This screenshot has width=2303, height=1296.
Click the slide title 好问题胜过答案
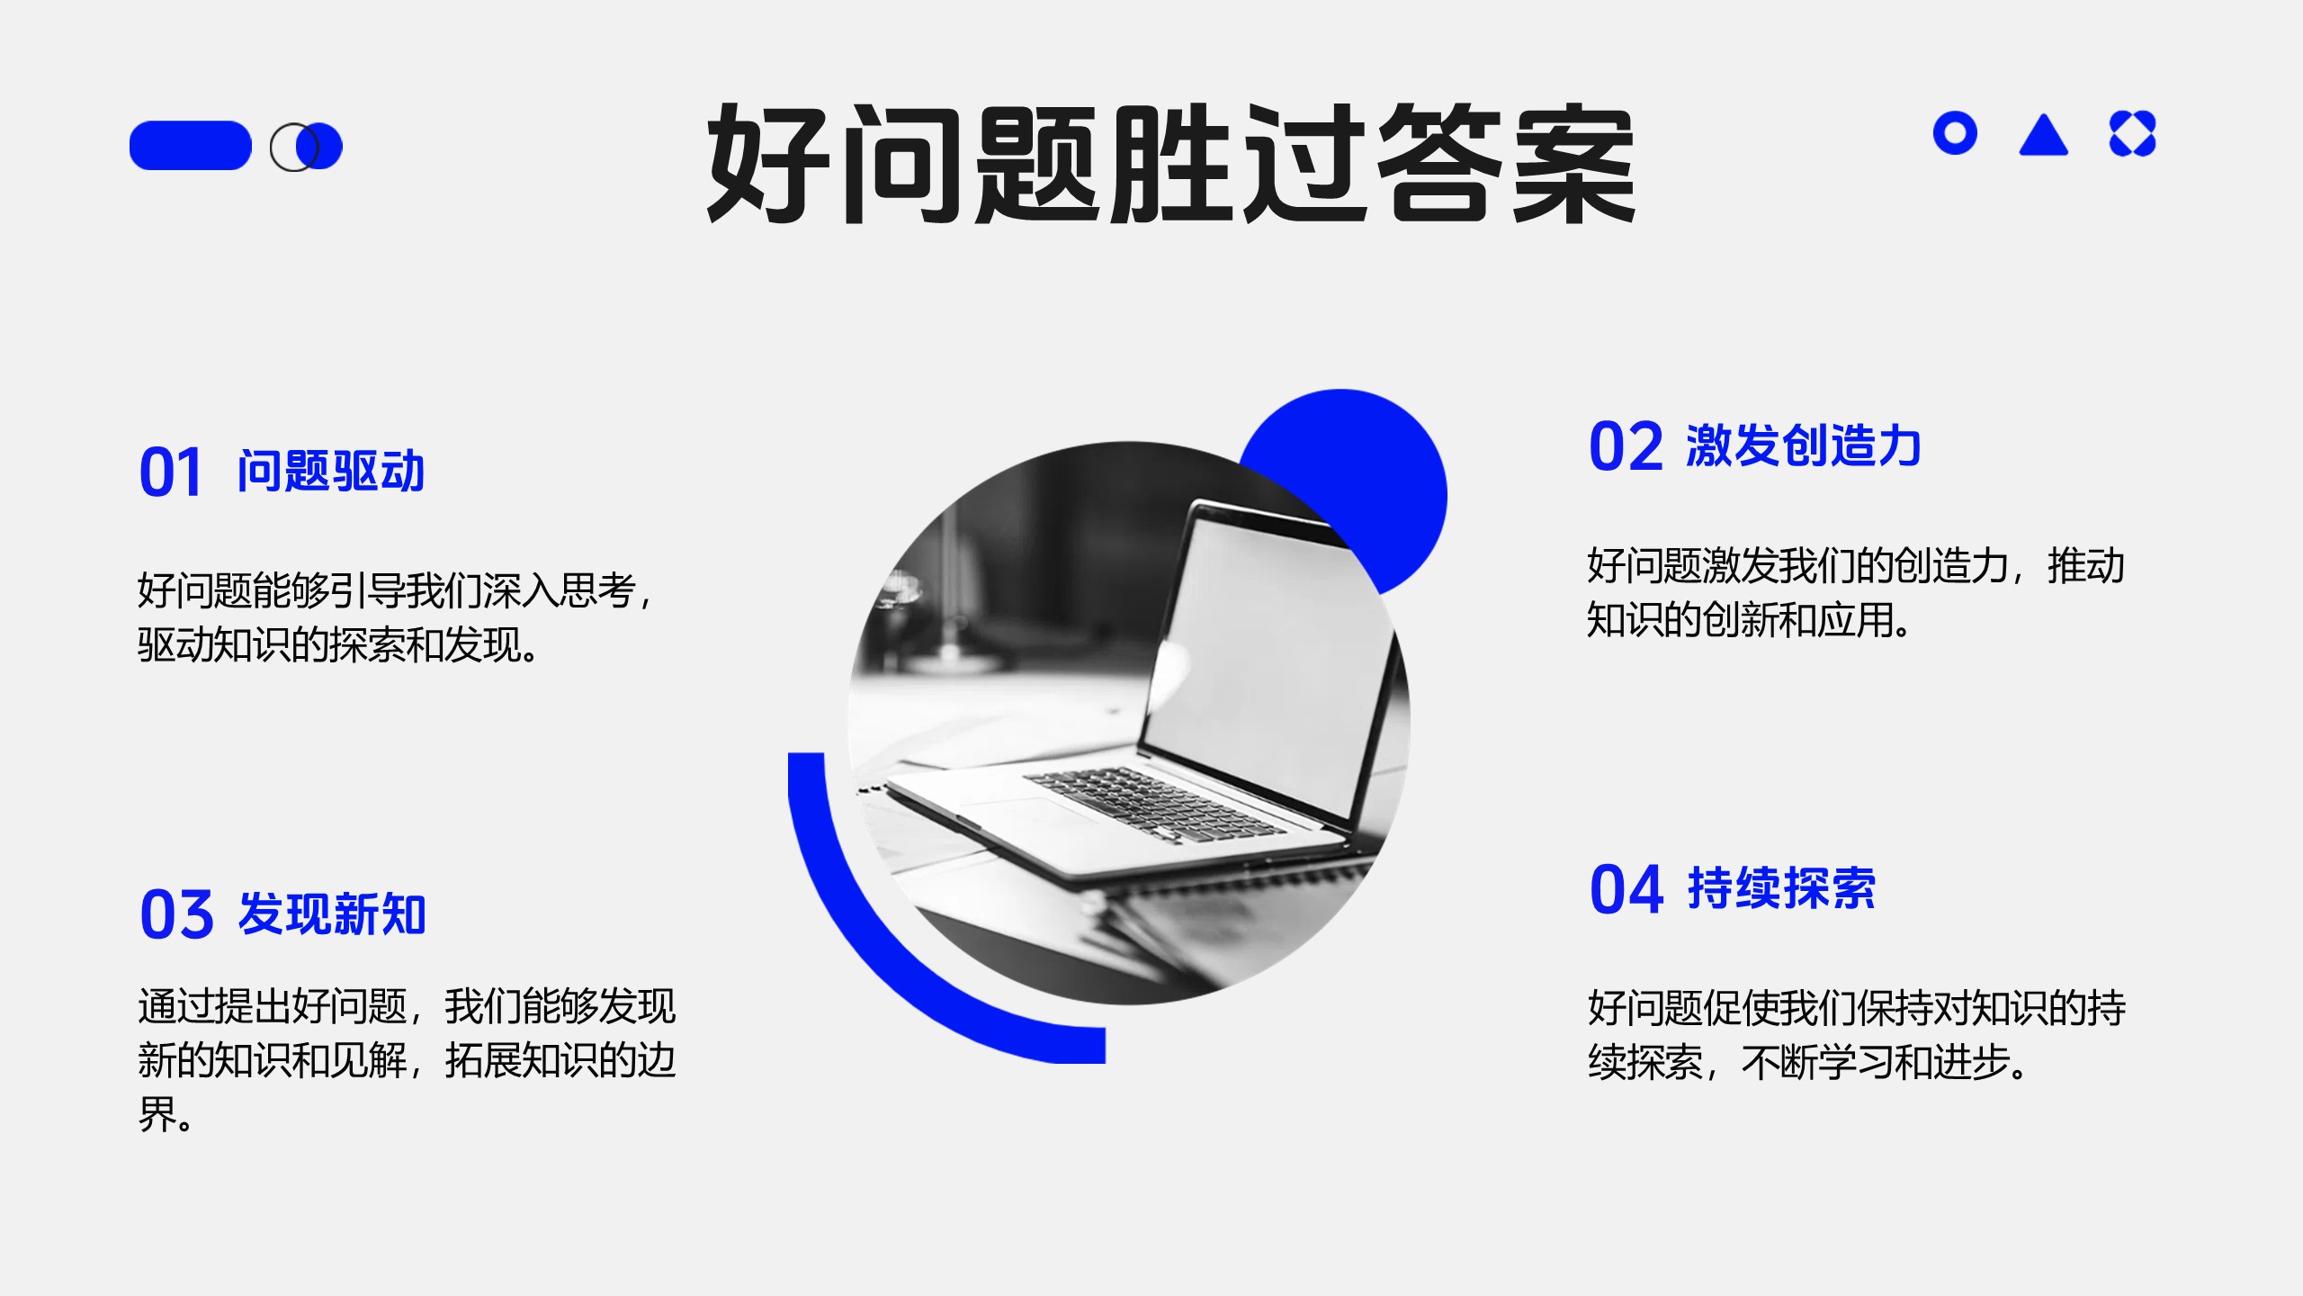(x=1171, y=164)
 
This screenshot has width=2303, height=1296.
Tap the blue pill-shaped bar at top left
(x=191, y=146)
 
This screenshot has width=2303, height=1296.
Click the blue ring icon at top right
(x=1955, y=134)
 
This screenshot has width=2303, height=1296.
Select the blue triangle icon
(x=2044, y=135)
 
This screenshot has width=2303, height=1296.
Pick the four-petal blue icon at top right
(x=2133, y=134)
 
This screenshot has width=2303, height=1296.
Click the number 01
(x=170, y=472)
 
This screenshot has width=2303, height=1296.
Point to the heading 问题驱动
(x=331, y=471)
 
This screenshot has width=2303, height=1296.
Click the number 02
(x=1626, y=446)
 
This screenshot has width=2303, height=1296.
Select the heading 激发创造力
(x=1804, y=445)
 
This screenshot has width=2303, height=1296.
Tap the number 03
(x=176, y=914)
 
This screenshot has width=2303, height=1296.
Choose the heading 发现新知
(x=332, y=913)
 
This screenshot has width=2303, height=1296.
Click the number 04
(x=1626, y=889)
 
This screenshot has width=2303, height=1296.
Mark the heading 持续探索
(x=1782, y=888)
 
